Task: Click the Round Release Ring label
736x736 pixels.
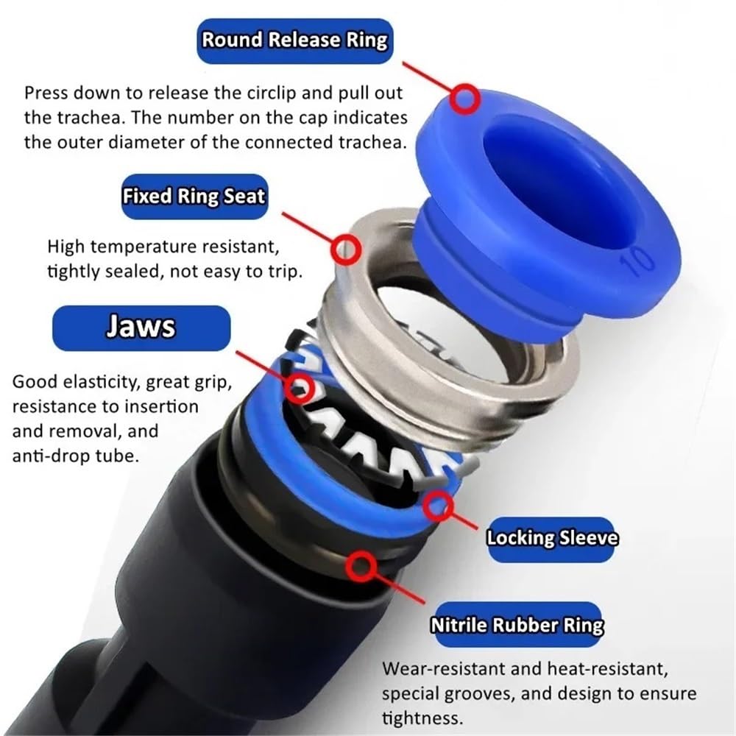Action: pyautogui.click(x=295, y=40)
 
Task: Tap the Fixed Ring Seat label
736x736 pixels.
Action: pyautogui.click(x=194, y=197)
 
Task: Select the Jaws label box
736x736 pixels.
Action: pyautogui.click(x=141, y=328)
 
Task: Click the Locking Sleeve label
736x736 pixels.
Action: pyautogui.click(x=551, y=539)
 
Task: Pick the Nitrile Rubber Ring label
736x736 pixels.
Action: pyautogui.click(x=517, y=625)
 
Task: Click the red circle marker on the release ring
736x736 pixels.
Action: pyautogui.click(x=465, y=99)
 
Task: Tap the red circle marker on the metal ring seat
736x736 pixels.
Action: pyautogui.click(x=346, y=249)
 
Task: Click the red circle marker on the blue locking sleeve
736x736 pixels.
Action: pyautogui.click(x=439, y=506)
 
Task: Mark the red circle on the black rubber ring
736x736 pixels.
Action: pyautogui.click(x=361, y=566)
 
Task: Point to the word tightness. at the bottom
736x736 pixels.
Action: pyautogui.click(x=422, y=718)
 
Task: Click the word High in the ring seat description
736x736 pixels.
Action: pyautogui.click(x=67, y=247)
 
